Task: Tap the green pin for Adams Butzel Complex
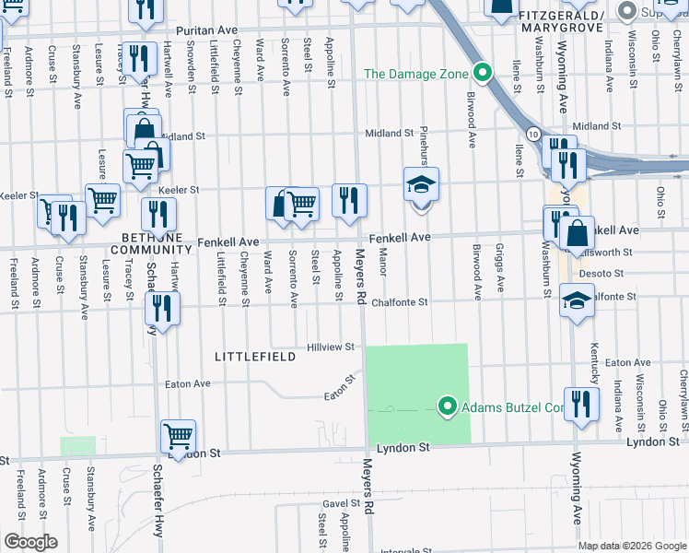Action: coord(448,406)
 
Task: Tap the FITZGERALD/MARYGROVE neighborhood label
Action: coord(560,23)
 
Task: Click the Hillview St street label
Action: coord(331,347)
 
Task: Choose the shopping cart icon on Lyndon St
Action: coord(178,435)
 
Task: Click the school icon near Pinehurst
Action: coord(421,184)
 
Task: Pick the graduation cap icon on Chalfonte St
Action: coord(577,302)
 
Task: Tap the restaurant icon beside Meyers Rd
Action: coord(349,199)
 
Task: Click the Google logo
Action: coord(29,542)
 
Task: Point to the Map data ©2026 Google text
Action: coord(632,546)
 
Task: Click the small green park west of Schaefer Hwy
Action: coord(78,446)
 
